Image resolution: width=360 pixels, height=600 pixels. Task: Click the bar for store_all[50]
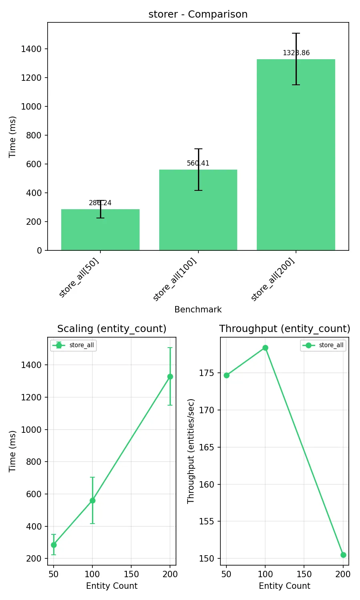(x=100, y=230)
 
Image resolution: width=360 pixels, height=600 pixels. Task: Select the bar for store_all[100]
(x=198, y=210)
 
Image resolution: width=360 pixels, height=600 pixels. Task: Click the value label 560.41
(x=198, y=163)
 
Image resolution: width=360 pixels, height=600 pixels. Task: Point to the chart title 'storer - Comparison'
(x=198, y=14)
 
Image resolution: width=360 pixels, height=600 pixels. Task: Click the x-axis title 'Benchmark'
(x=198, y=310)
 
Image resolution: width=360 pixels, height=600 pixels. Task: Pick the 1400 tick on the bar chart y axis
(x=31, y=49)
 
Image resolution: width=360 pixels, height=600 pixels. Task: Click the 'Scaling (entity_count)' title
(x=112, y=329)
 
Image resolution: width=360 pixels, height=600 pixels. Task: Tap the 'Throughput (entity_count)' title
(x=284, y=329)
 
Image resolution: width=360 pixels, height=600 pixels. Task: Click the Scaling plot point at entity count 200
(x=170, y=376)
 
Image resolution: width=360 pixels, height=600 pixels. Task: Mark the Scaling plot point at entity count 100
(x=92, y=500)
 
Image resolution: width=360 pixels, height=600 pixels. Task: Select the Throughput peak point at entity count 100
(x=265, y=348)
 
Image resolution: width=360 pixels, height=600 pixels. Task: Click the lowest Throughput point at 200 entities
(x=343, y=555)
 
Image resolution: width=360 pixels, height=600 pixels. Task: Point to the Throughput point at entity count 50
(x=226, y=375)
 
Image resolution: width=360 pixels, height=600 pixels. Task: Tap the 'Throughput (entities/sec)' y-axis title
(x=191, y=451)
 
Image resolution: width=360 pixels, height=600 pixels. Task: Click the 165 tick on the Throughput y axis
(x=206, y=447)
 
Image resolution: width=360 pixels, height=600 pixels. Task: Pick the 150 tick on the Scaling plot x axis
(x=131, y=574)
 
